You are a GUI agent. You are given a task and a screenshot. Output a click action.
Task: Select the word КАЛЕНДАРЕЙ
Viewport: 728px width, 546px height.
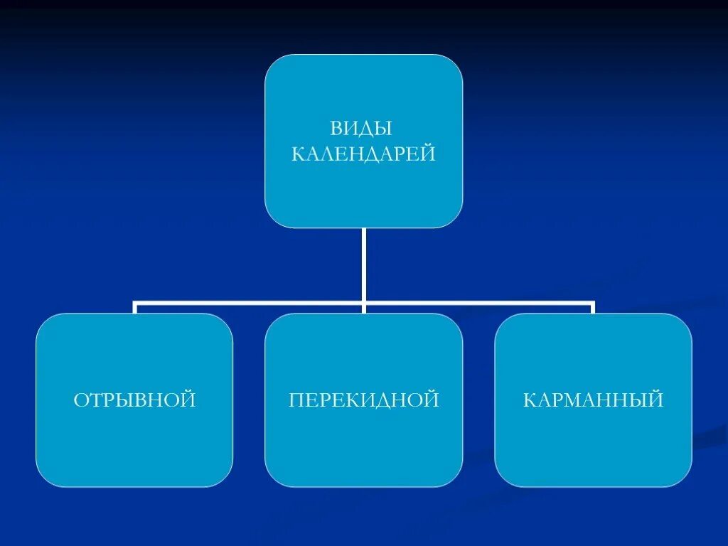(x=363, y=154)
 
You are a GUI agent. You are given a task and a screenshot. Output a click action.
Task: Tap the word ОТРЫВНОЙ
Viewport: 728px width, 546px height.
(x=134, y=400)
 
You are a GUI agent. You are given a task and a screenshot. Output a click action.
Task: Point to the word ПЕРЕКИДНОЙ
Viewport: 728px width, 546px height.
(x=364, y=400)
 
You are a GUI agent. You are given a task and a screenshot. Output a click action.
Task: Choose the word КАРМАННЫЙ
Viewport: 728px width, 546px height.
(x=593, y=400)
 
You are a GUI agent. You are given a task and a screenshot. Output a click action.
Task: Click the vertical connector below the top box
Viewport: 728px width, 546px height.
(x=363, y=263)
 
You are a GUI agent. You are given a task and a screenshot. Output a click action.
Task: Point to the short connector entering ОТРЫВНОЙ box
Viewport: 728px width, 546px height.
(x=135, y=308)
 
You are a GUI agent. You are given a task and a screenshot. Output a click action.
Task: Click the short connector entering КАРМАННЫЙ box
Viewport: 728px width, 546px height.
(x=592, y=308)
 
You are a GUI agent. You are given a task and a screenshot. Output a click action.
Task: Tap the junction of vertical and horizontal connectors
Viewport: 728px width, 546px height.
(x=363, y=303)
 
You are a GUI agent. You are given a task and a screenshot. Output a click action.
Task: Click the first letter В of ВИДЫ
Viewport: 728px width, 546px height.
(x=336, y=129)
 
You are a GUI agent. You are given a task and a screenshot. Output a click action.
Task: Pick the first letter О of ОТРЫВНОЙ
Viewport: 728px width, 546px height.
(x=80, y=400)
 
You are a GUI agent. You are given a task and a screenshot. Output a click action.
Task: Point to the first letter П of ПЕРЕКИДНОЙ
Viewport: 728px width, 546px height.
(x=296, y=400)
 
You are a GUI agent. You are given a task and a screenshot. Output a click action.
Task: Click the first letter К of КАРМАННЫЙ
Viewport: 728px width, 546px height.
(x=530, y=400)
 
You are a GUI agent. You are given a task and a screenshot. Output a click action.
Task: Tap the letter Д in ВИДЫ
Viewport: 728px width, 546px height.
(x=368, y=129)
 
